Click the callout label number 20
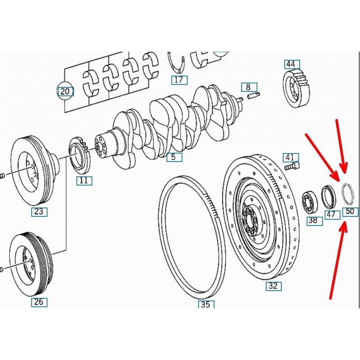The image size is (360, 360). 65,92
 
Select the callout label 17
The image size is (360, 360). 179,80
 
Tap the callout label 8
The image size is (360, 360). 248,87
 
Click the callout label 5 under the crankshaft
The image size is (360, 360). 174,157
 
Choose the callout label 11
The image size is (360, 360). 84,181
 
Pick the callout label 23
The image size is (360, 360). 39,211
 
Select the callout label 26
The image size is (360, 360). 39,302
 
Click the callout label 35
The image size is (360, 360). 205,305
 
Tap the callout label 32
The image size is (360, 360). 273,286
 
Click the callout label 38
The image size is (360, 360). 313,220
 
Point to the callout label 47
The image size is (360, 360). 331,214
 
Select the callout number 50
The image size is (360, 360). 350,211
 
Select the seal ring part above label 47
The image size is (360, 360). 329,197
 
